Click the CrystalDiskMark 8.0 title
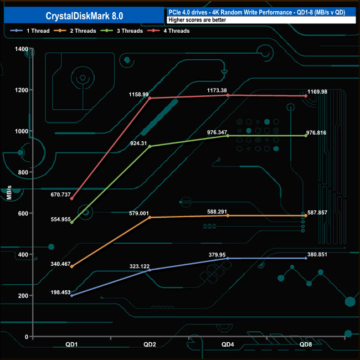(x=84, y=16)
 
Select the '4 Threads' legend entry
(x=168, y=31)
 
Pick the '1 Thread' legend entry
(x=30, y=31)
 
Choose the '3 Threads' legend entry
(x=122, y=31)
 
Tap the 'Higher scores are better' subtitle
(x=197, y=20)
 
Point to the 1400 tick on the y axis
(x=22, y=49)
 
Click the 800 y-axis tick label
(x=23, y=172)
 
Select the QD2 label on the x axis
(x=150, y=344)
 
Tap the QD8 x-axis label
(x=306, y=344)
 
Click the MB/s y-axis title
(x=9, y=192)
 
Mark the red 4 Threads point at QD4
(x=228, y=95)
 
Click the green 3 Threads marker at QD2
(x=150, y=146)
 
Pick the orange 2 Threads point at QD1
(x=72, y=266)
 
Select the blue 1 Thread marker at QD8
(x=306, y=258)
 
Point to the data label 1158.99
(x=138, y=95)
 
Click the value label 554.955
(x=60, y=219)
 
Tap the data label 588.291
(x=217, y=212)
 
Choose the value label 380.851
(x=317, y=254)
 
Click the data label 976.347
(x=217, y=132)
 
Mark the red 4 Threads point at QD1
(x=72, y=199)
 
